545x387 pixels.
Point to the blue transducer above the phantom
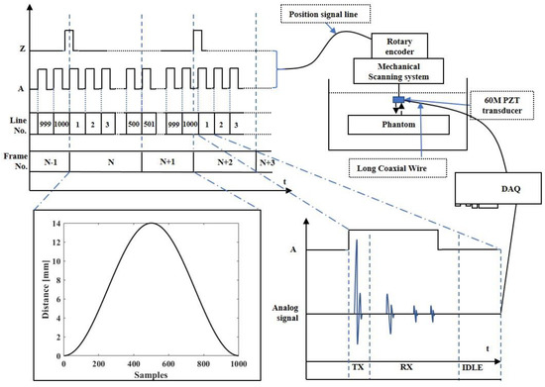(x=397, y=99)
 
